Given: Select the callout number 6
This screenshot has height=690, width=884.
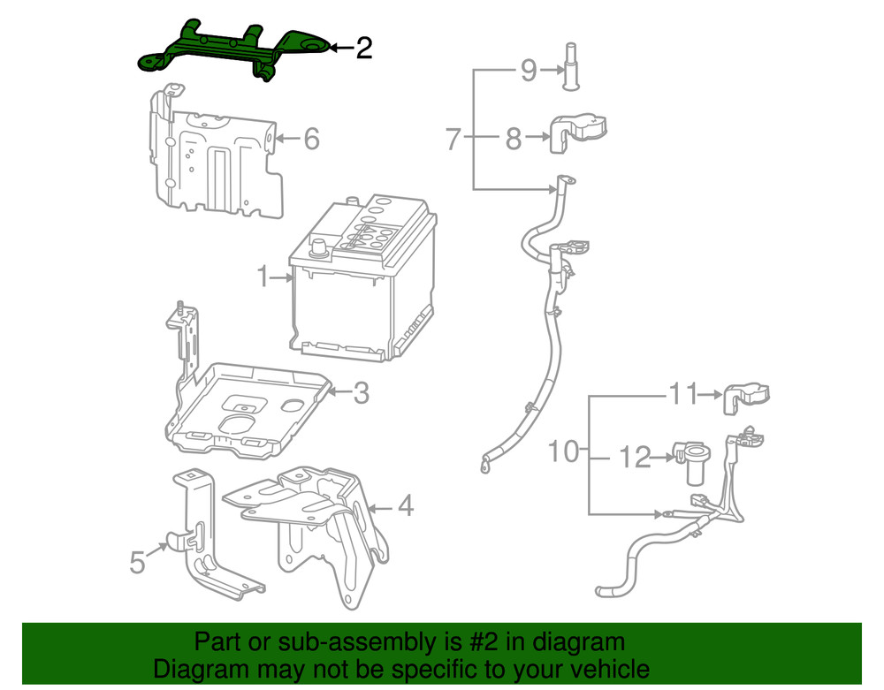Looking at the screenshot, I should click(310, 139).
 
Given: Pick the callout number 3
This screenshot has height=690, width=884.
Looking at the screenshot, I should click(360, 393).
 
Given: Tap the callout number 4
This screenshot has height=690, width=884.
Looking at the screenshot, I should click(405, 507).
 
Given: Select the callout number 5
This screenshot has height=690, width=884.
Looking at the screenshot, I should click(137, 561).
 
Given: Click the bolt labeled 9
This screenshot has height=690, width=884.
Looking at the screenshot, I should click(570, 65).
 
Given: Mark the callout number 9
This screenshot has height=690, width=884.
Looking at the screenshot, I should click(528, 69).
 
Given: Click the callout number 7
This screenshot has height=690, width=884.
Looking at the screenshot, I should click(453, 139).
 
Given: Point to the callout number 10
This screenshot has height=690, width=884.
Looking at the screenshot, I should click(562, 452).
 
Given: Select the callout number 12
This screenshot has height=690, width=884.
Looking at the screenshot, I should click(634, 458).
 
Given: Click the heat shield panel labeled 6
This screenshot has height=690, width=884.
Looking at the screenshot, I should click(217, 163).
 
